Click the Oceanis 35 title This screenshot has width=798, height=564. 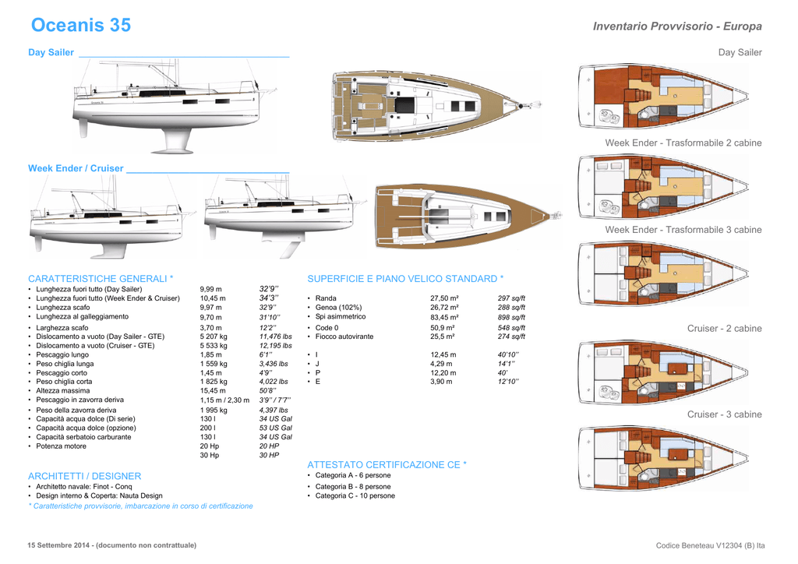pyautogui.click(x=81, y=26)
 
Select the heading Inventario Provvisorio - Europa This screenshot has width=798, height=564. pyautogui.click(x=677, y=26)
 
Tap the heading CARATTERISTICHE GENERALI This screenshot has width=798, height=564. pyautogui.click(x=100, y=279)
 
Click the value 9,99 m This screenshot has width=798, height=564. pyautogui.click(x=211, y=289)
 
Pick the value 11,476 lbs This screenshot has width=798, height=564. pyautogui.click(x=276, y=337)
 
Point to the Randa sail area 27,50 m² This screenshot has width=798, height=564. pyautogui.click(x=444, y=298)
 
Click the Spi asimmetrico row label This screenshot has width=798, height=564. pyautogui.click(x=341, y=317)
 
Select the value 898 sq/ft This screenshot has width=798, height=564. pyautogui.click(x=511, y=318)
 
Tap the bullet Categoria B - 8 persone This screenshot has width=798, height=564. pyautogui.click(x=353, y=487)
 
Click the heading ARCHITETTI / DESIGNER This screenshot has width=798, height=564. pyautogui.click(x=85, y=476)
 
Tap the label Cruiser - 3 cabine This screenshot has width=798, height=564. pyautogui.click(x=724, y=414)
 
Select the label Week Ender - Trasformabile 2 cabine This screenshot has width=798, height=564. pyautogui.click(x=683, y=143)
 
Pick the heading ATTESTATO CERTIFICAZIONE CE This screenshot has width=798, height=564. pyautogui.click(x=387, y=465)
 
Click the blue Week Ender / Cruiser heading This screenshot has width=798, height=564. pyautogui.click(x=76, y=168)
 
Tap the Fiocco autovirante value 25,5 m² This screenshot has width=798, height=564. pyautogui.click(x=443, y=337)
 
